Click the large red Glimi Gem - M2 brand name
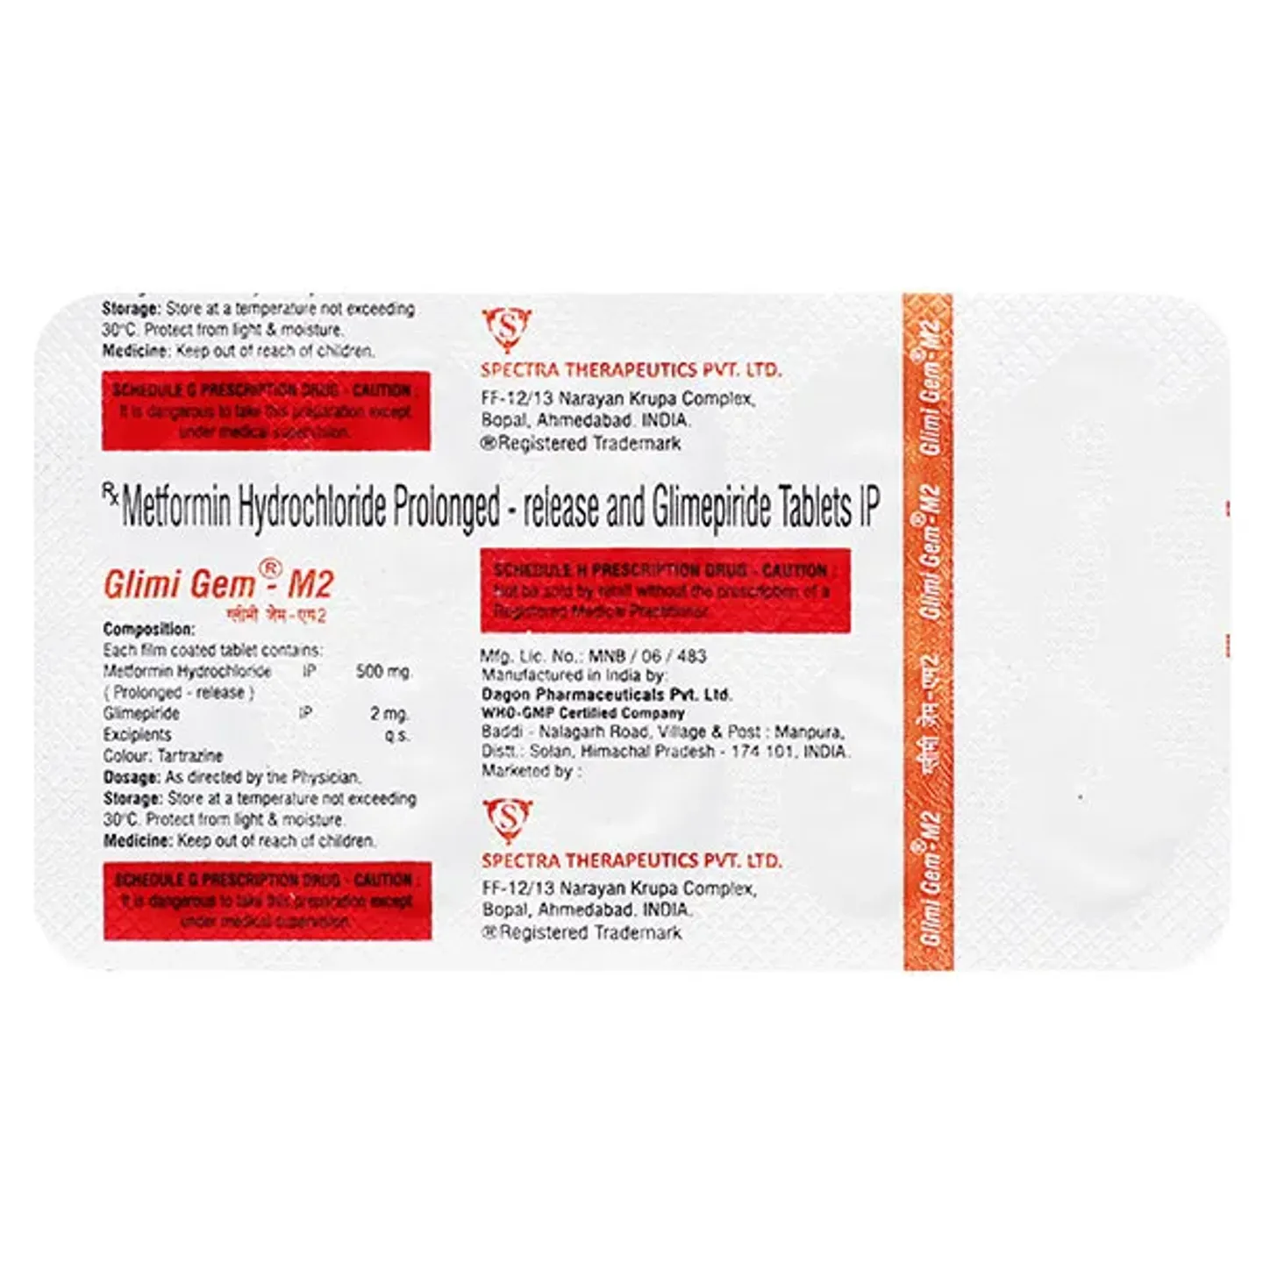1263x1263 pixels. click(218, 584)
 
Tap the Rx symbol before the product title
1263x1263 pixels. click(111, 497)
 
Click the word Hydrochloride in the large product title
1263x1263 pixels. click(312, 509)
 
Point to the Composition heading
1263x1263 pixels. click(148, 629)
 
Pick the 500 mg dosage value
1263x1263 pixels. click(383, 672)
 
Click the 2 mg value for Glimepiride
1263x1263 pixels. click(389, 714)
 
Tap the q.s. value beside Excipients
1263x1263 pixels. click(397, 735)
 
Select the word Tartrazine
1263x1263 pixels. click(189, 756)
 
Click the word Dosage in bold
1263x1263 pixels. click(132, 777)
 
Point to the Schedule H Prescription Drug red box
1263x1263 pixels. click(665, 590)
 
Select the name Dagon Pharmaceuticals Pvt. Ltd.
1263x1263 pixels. click(606, 694)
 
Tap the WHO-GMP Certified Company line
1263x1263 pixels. click(582, 713)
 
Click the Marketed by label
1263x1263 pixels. click(530, 772)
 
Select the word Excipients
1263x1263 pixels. click(137, 735)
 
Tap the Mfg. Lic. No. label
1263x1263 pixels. click(531, 655)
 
